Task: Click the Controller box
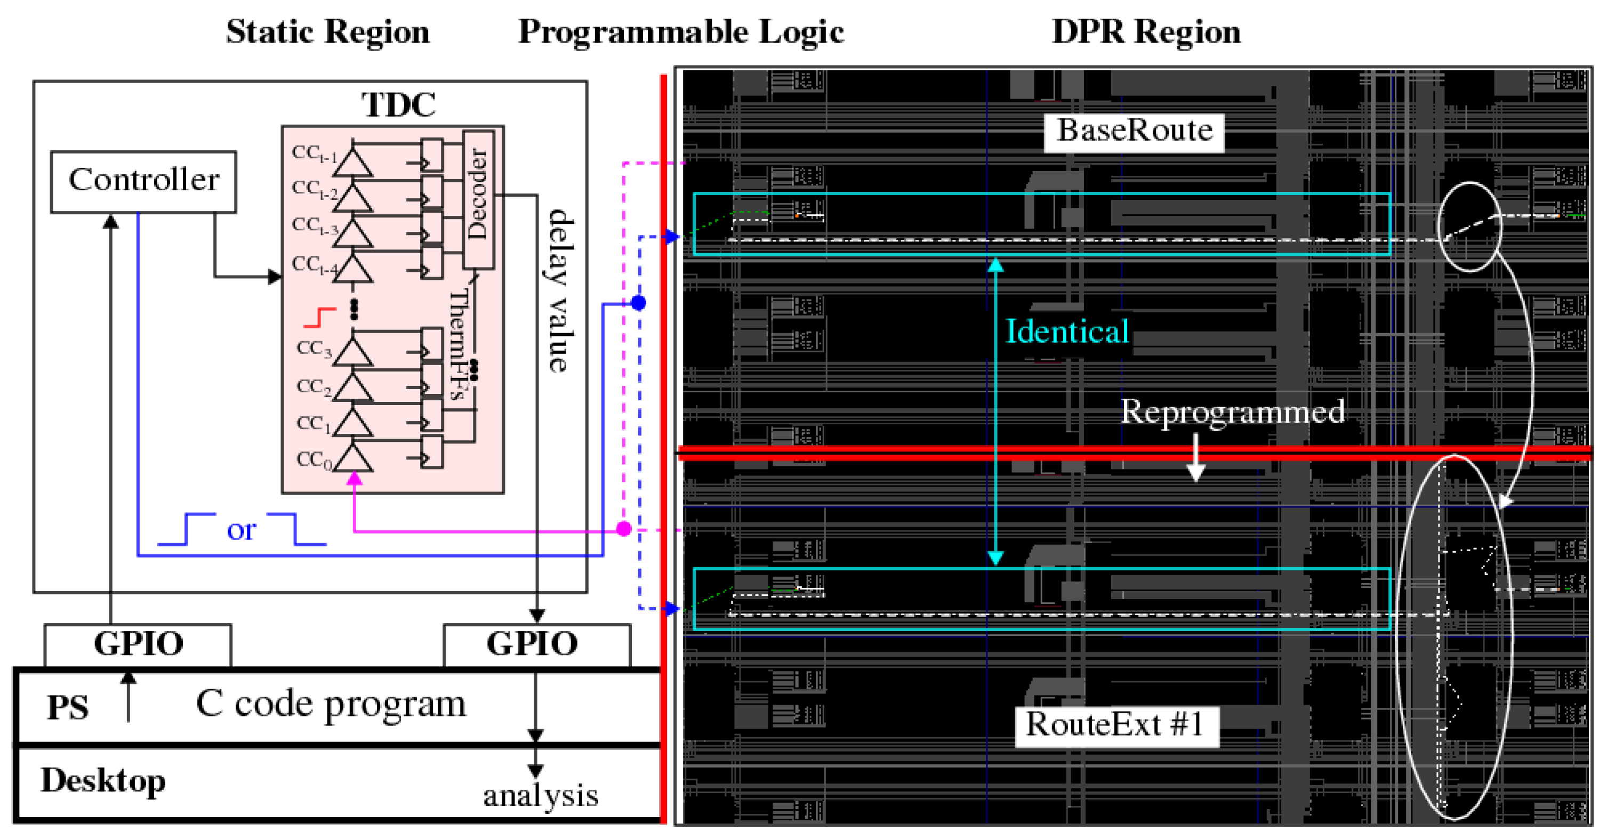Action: pyautogui.click(x=143, y=181)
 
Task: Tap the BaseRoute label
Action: pyautogui.click(x=1134, y=132)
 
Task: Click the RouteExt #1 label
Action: pyautogui.click(x=1116, y=725)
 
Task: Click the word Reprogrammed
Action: pyautogui.click(x=1232, y=412)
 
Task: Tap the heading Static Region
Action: pyautogui.click(x=327, y=33)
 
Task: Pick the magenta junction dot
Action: pyautogui.click(x=624, y=529)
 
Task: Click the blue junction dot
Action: pyautogui.click(x=638, y=303)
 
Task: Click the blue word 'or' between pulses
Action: pyautogui.click(x=241, y=531)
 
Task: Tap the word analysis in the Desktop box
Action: pyautogui.click(x=540, y=795)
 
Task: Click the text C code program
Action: pyautogui.click(x=331, y=704)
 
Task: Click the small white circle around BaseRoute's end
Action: pyautogui.click(x=1470, y=227)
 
